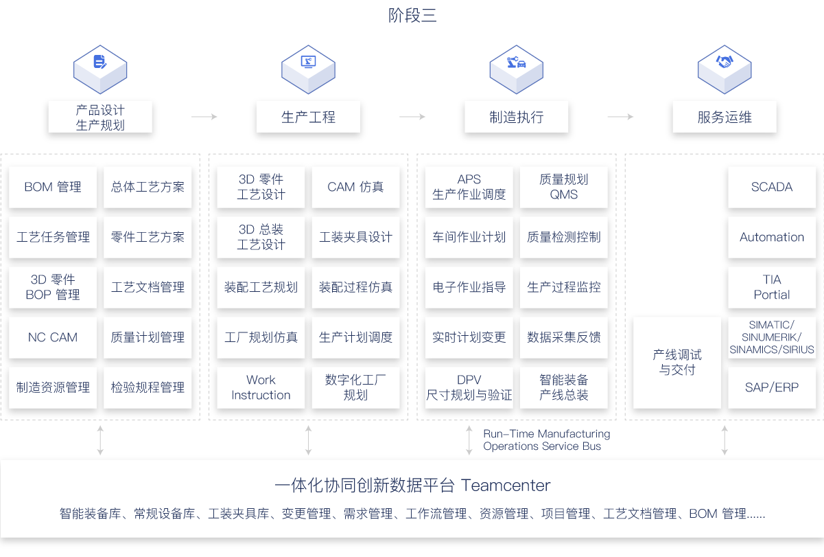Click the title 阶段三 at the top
412,16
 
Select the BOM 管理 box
53,187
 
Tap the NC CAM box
53,337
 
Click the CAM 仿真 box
355,187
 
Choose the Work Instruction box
261,387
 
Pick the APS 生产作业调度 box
469,187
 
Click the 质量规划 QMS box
563,187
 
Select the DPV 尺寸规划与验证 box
469,387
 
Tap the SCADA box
772,187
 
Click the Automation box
772,237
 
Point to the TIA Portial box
772,287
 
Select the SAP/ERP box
772,387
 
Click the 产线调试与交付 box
677,362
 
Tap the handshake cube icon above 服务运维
725,69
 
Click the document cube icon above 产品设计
100,69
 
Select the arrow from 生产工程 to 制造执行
412,117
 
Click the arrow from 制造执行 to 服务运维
620,117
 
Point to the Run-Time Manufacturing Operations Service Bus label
547,440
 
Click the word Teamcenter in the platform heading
506,485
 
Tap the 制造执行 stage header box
516,117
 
